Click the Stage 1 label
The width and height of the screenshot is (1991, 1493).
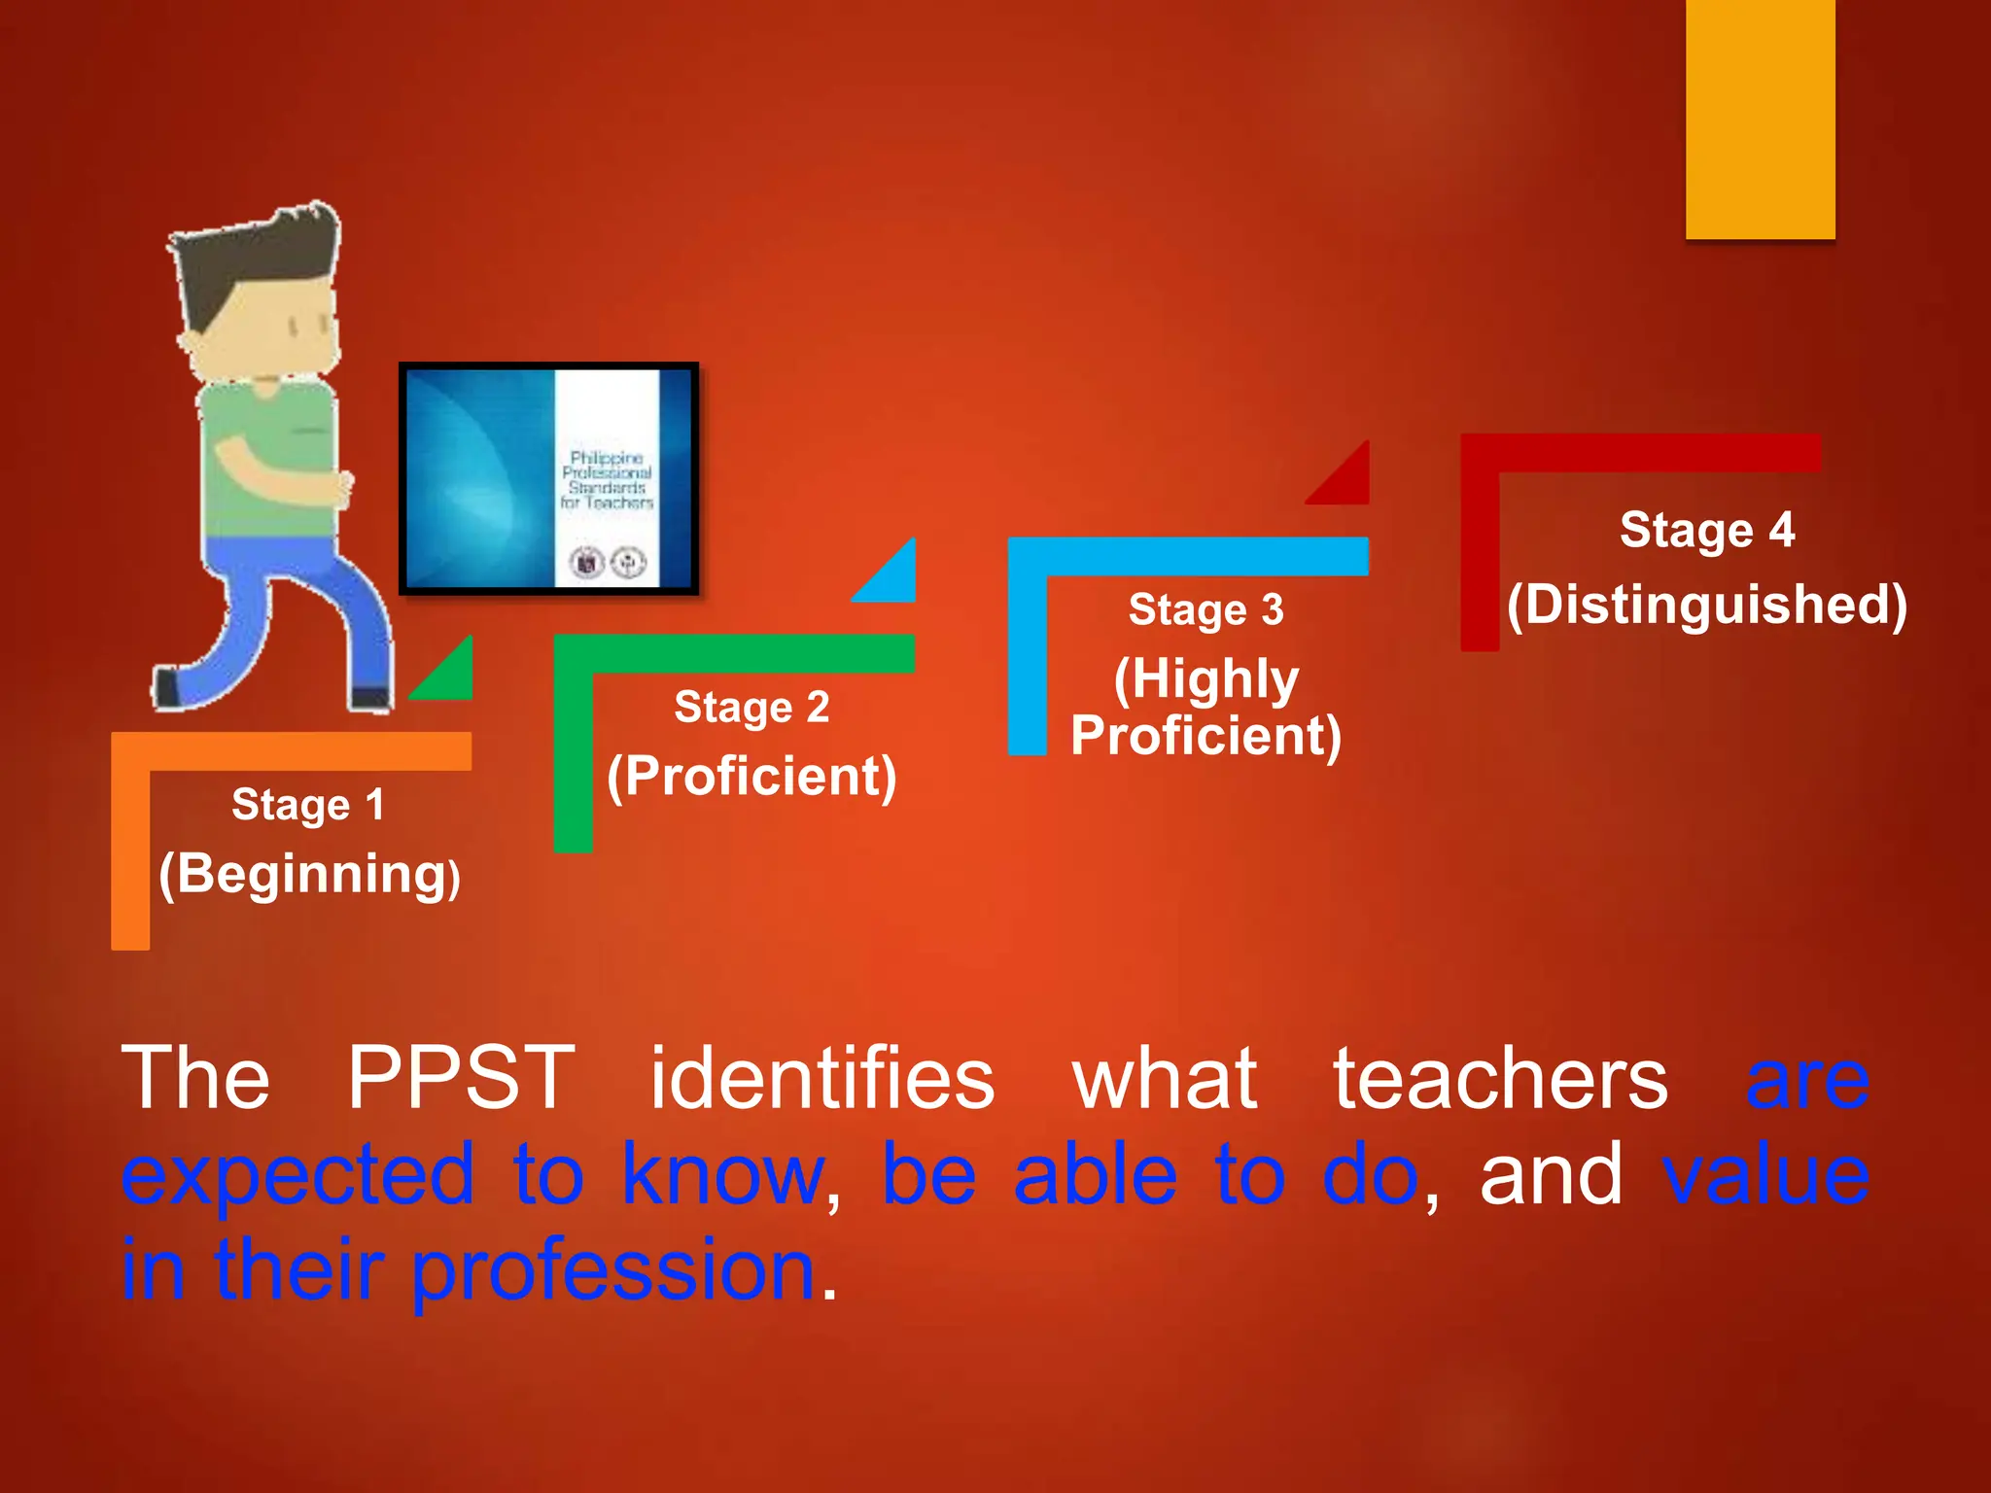[307, 805]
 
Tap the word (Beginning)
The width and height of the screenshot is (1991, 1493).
[309, 874]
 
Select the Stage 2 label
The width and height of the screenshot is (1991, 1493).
[751, 707]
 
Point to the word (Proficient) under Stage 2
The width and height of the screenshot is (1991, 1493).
[751, 776]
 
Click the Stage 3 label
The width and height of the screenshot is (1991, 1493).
[1205, 610]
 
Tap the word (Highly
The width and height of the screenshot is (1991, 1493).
[1205, 678]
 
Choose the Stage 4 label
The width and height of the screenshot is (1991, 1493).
[1706, 531]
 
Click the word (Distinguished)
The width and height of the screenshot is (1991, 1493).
[1706, 605]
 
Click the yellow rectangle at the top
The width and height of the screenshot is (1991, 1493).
[1760, 119]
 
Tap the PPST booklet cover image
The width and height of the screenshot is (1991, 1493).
[549, 478]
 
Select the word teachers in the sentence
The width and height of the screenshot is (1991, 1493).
[1500, 1079]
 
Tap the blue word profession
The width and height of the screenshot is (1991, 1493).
[613, 1271]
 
